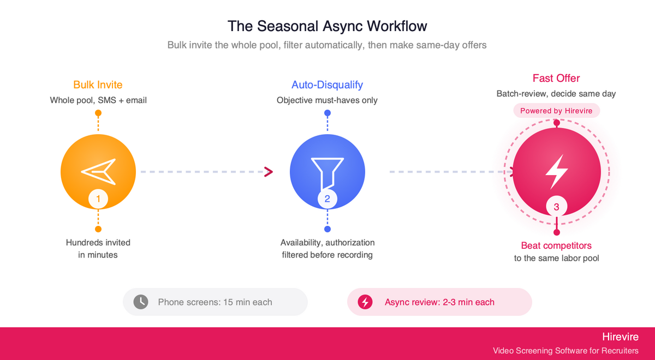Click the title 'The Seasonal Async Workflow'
coord(327,26)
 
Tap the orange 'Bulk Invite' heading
coord(98,85)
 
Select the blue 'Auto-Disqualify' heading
coord(327,85)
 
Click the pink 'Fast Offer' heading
coord(556,78)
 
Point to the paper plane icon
coord(99,172)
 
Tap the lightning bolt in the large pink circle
coord(556,172)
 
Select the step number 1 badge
coord(98,199)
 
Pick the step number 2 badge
coord(327,199)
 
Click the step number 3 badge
coord(556,207)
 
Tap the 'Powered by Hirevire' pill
coord(556,111)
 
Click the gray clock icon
coord(141,302)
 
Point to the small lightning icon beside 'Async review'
coord(365,302)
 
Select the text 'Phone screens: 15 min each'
coord(215,302)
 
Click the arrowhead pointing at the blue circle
coord(268,172)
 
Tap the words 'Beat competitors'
coord(556,245)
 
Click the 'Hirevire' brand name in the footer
coord(620,337)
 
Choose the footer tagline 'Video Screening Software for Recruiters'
coord(565,351)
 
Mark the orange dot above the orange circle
coord(98,113)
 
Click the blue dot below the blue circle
coord(327,229)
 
